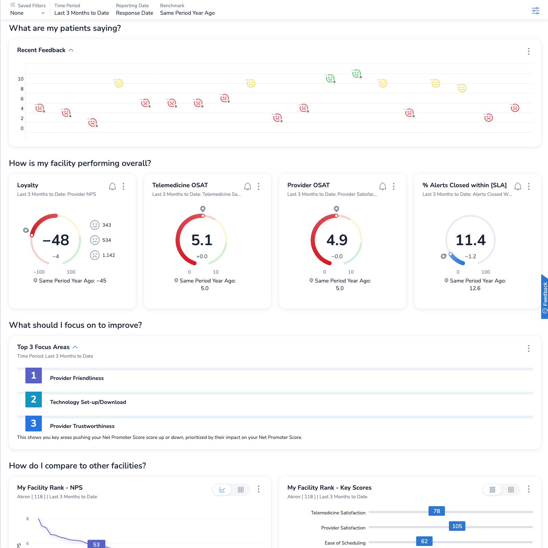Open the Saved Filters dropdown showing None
27,13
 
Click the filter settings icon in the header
535,11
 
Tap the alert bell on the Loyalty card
112,186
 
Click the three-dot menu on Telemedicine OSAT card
259,186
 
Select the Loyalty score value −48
56,240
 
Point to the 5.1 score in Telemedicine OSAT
202,240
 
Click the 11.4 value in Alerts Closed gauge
470,240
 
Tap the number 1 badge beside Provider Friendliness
34,376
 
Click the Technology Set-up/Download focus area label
88,402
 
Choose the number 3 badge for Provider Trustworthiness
34,424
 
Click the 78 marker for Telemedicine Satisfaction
437,511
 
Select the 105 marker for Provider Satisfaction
457,526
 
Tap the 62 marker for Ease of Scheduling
424,541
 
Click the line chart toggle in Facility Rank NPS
222,490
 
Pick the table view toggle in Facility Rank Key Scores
511,490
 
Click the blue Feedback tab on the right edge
545,297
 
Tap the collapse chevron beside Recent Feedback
71,50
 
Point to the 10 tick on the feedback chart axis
21,79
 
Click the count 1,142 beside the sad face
109,255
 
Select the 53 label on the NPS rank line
96,544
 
